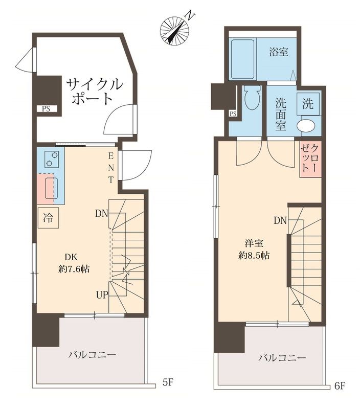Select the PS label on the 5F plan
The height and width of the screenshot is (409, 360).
(46, 108)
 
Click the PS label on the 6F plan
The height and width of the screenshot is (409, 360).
(233, 113)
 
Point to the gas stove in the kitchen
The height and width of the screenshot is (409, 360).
(51, 160)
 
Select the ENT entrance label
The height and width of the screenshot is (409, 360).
(110, 167)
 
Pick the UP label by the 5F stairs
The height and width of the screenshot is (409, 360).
(101, 294)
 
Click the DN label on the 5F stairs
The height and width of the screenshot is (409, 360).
(101, 214)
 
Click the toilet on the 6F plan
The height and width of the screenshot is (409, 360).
(252, 97)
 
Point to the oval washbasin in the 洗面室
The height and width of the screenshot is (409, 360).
(307, 126)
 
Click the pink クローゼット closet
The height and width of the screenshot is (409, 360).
(310, 158)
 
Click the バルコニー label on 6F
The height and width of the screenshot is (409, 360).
(282, 358)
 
